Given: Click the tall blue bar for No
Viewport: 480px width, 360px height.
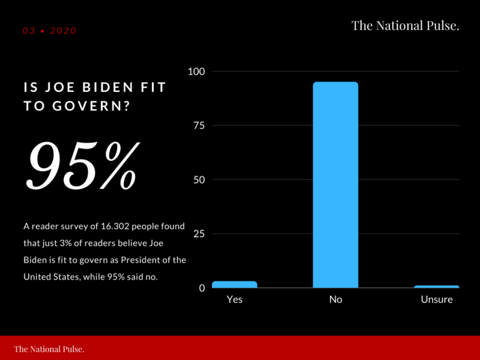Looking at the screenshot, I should click(x=335, y=185).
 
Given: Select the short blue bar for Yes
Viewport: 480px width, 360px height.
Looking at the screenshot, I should click(x=235, y=284).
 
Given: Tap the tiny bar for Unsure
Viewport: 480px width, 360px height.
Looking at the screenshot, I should click(x=436, y=287).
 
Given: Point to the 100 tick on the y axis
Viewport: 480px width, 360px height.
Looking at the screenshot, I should click(x=197, y=71).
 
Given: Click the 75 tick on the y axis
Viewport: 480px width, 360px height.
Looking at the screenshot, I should click(x=199, y=125).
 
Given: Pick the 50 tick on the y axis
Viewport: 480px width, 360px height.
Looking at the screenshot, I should click(x=199, y=179).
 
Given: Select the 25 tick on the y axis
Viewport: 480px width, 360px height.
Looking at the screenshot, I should click(x=199, y=233).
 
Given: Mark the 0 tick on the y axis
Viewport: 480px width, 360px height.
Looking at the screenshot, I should click(x=202, y=288).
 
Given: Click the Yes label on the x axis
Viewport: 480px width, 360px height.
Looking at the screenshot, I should click(x=235, y=299).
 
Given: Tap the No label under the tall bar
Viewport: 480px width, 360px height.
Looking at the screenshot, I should click(x=335, y=299).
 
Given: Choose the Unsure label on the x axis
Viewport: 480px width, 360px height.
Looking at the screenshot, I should click(x=436, y=299).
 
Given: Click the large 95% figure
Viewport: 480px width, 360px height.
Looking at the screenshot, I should click(x=83, y=165).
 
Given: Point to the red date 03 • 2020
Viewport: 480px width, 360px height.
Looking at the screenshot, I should click(x=50, y=31).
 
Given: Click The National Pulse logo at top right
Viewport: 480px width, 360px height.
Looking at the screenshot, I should click(x=405, y=25).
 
